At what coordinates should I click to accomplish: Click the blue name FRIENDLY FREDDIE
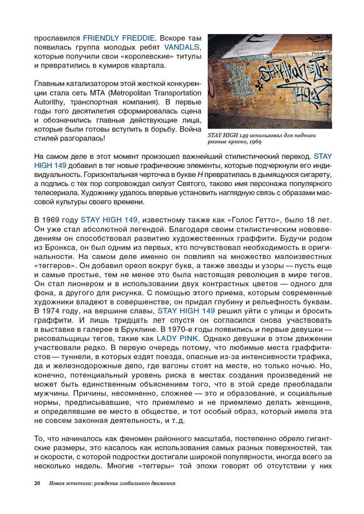click(119, 38)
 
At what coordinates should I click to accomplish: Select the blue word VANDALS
click(182, 47)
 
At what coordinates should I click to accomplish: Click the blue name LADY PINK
click(177, 338)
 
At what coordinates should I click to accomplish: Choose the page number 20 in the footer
click(37, 483)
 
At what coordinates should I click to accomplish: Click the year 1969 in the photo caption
click(256, 142)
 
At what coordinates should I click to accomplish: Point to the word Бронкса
click(60, 247)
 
